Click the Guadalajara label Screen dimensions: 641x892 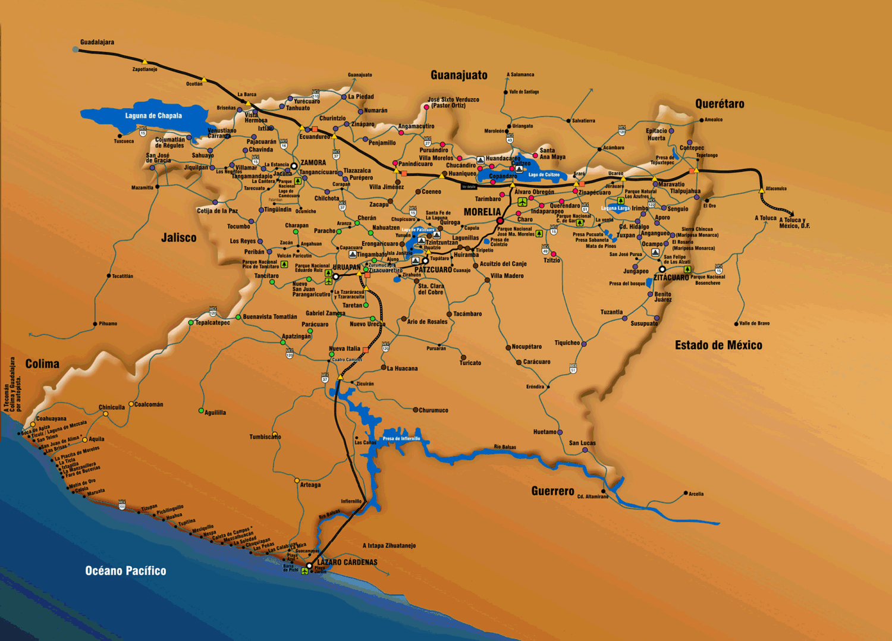point(97,42)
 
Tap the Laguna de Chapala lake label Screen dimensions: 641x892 point(153,116)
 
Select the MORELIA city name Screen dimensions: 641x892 point(482,212)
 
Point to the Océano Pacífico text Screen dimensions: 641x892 point(125,571)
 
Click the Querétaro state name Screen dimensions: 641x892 point(720,104)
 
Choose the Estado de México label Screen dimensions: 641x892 point(718,345)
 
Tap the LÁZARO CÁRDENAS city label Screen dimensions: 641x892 point(347,563)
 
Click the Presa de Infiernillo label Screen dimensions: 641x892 point(401,439)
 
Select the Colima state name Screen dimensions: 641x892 point(42,364)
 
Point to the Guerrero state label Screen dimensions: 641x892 point(552,491)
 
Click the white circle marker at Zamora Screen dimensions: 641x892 point(294,166)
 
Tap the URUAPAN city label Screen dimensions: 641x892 point(346,268)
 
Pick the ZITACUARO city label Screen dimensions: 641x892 point(671,278)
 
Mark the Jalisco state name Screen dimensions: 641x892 point(178,238)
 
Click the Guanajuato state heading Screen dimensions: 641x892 point(458,76)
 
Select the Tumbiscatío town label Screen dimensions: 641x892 point(265,437)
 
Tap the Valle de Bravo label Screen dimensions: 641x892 point(754,323)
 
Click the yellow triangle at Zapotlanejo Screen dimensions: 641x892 point(145,62)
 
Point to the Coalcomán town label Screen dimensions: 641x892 point(149,404)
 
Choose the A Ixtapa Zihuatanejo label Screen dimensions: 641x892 point(389,546)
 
